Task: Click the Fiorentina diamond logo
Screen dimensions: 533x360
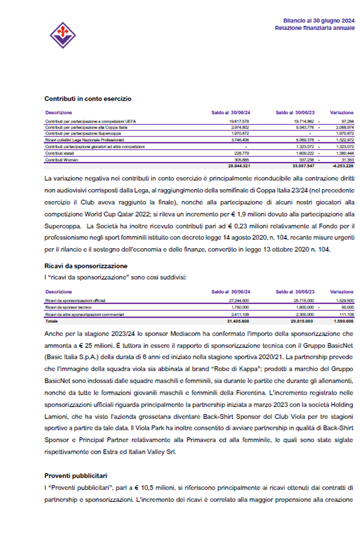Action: (62, 35)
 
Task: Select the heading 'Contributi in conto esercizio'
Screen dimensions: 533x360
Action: (88, 99)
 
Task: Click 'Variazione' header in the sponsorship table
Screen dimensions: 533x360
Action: (341, 292)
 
